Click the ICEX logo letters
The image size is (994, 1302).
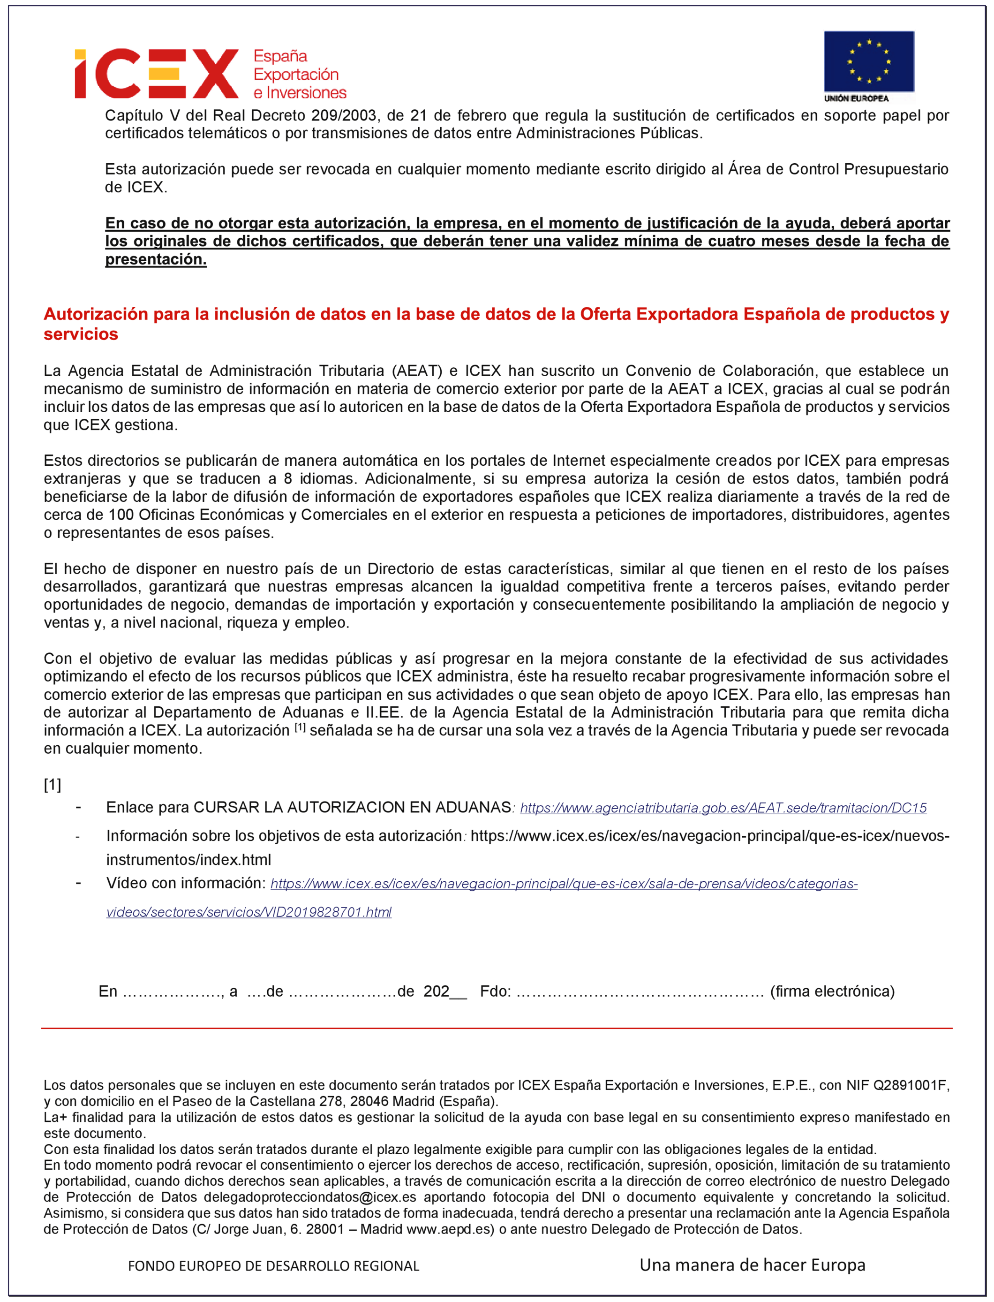tap(157, 74)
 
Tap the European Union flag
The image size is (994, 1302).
tap(868, 61)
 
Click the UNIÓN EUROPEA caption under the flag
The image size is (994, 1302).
tap(856, 98)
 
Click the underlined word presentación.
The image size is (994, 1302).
tap(156, 259)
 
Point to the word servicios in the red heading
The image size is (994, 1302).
tap(81, 334)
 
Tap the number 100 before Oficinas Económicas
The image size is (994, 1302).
tap(120, 515)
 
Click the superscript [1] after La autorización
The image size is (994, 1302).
tap(300, 727)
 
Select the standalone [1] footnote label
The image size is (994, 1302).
tap(53, 785)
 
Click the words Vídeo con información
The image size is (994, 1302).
tap(186, 883)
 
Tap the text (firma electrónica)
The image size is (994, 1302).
tap(832, 992)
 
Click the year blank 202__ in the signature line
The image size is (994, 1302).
tap(445, 992)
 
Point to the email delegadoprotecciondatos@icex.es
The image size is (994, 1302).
tap(310, 1197)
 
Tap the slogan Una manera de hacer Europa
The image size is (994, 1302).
tap(752, 1265)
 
